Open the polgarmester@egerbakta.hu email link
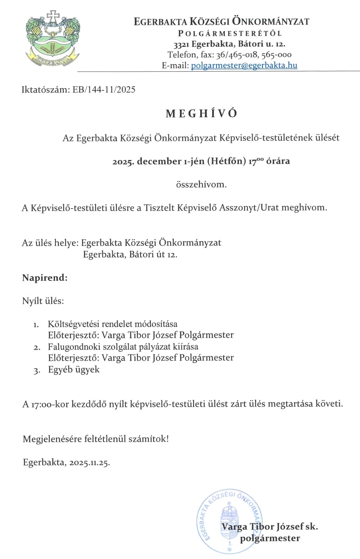pyautogui.click(x=244, y=66)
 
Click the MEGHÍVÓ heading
pyautogui.click(x=202, y=114)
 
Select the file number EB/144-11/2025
pyautogui.click(x=104, y=89)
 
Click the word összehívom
pyautogui.click(x=201, y=184)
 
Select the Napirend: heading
pyautogui.click(x=45, y=278)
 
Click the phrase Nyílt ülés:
pyautogui.click(x=43, y=301)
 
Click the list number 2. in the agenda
pyautogui.click(x=37, y=348)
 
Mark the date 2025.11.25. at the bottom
pyautogui.click(x=89, y=462)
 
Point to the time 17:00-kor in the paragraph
pyautogui.click(x=46, y=405)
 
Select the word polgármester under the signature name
pyautogui.click(x=270, y=538)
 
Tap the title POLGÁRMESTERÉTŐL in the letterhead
pyautogui.click(x=230, y=33)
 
